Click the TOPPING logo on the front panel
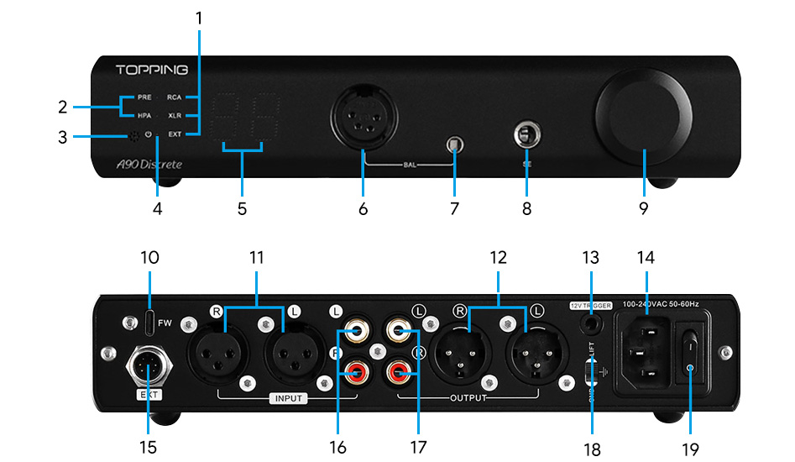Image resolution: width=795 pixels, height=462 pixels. pos(151,69)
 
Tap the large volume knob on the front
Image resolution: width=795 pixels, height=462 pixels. pos(643,117)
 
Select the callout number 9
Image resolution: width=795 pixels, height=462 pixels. pos(643,208)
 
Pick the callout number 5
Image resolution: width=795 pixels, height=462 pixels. pos(242,208)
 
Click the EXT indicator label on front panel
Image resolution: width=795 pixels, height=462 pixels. pos(175,134)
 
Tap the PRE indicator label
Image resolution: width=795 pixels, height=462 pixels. pos(144,97)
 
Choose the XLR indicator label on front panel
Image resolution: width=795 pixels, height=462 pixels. pos(175,116)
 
